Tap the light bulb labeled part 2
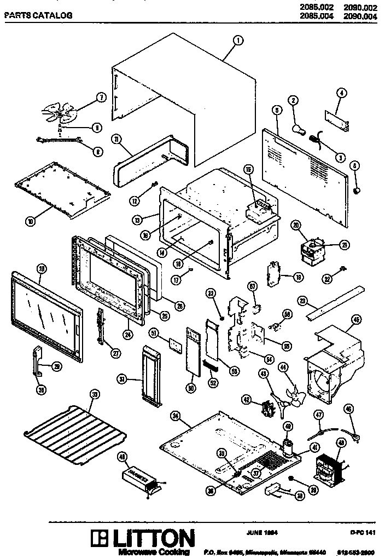click(299, 129)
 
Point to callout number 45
click(356, 319)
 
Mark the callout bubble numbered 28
click(41, 268)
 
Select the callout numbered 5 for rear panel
click(277, 110)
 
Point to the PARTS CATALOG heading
click(38, 16)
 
